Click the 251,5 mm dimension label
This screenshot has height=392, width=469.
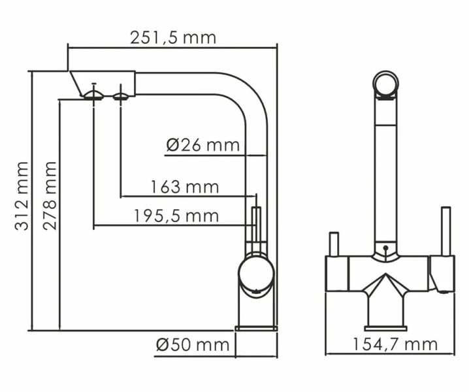click(x=173, y=37)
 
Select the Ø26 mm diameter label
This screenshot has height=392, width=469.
click(x=203, y=145)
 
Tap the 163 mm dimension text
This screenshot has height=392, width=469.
click(x=185, y=188)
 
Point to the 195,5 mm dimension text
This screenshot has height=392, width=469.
click(x=176, y=215)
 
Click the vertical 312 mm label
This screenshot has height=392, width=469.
click(x=22, y=196)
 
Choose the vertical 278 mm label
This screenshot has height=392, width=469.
click(x=50, y=196)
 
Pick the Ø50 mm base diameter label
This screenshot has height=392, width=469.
click(x=193, y=344)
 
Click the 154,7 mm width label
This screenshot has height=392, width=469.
click(x=395, y=344)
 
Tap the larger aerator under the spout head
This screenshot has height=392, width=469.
click(x=93, y=95)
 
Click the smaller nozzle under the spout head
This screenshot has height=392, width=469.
click(x=121, y=97)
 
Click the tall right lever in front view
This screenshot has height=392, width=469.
click(x=447, y=232)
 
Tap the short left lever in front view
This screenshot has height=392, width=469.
click(x=332, y=244)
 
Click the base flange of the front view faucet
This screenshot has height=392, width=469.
click(x=385, y=327)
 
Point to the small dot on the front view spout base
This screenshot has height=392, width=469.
click(x=385, y=248)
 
